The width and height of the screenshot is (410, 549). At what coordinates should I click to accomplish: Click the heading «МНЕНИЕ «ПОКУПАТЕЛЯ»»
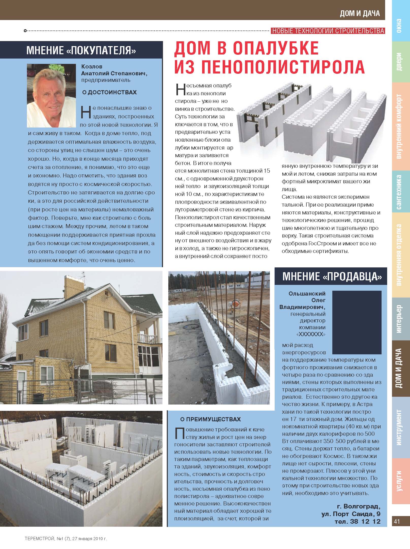coord(81,50)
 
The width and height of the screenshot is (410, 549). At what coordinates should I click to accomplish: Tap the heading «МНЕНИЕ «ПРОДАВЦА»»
coord(332,276)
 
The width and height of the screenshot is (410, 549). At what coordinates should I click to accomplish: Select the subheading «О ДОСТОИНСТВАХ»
coord(109,92)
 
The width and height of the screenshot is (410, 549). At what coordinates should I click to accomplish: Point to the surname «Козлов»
coord(92,66)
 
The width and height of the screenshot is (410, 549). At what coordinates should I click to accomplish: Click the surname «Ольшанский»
coord(307,294)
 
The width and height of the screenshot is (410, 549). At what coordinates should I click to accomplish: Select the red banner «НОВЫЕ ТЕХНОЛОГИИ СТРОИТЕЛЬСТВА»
coord(328,31)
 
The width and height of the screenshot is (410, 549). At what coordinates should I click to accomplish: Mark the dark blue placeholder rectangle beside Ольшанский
coord(357,322)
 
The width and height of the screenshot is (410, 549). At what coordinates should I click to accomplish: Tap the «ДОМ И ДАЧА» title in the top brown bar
coord(360,13)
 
